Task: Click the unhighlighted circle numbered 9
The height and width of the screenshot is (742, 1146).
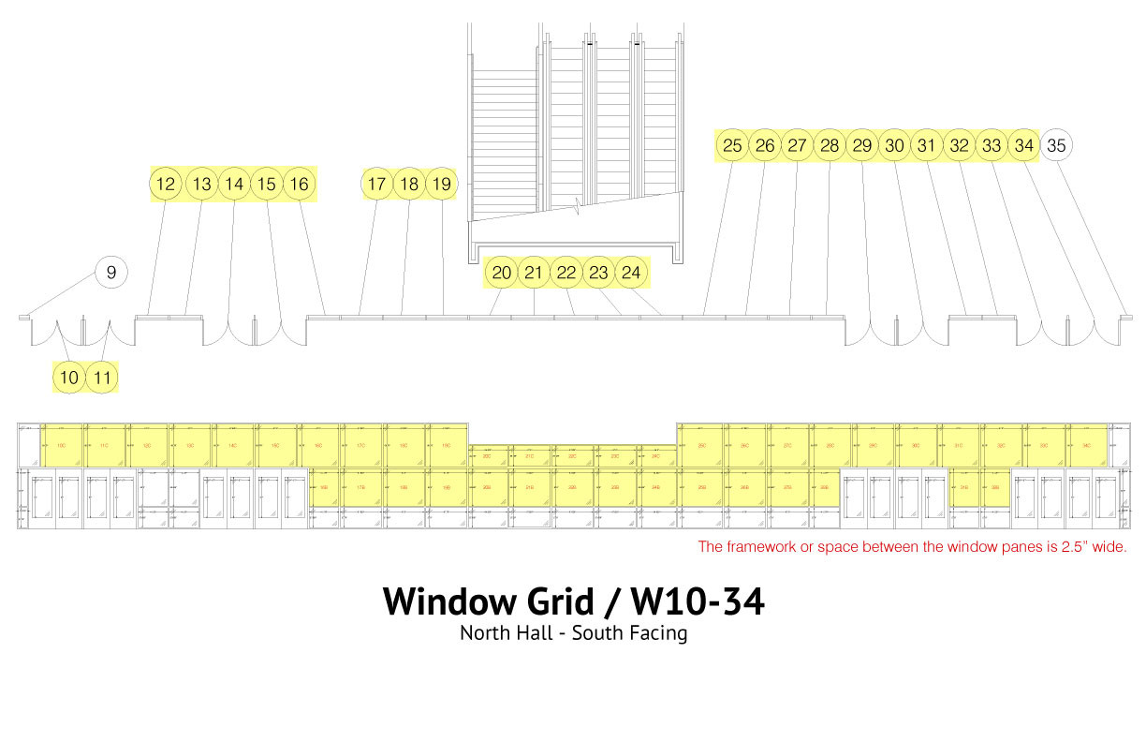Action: (111, 273)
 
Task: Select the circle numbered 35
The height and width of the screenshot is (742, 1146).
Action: (1056, 145)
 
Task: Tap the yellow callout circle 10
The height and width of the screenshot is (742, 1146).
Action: (69, 378)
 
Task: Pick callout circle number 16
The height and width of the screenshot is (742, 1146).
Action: (299, 185)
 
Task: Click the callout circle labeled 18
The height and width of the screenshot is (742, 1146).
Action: (409, 185)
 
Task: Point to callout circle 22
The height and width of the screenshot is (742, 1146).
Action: (566, 273)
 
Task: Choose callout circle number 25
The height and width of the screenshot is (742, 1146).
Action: (733, 145)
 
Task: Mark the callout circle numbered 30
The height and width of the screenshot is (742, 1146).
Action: (895, 145)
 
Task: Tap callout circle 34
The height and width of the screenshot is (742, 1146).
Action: (1024, 145)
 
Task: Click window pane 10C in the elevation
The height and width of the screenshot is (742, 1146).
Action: (61, 443)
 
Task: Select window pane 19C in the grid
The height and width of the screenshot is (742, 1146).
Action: (447, 443)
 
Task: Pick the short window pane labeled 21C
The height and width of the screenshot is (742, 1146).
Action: (530, 456)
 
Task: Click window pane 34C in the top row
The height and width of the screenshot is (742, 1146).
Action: (1086, 443)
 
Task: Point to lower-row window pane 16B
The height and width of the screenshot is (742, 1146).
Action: (324, 487)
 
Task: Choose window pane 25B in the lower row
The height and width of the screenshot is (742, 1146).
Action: (702, 487)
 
